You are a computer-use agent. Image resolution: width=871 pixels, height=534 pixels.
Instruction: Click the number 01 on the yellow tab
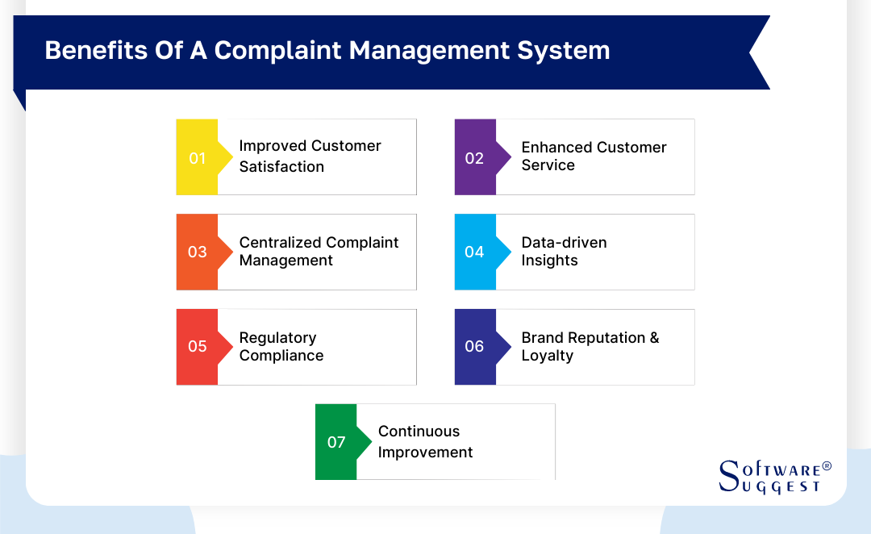coord(198,158)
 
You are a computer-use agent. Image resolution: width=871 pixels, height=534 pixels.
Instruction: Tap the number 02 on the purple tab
coord(474,158)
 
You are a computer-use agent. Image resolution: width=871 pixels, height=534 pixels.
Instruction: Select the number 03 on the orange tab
coord(198,252)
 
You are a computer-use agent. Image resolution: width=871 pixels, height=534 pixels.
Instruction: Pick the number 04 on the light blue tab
coord(474,252)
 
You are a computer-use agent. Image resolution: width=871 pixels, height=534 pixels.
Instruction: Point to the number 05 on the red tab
coord(198,346)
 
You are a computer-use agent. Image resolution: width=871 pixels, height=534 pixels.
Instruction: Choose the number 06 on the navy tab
coord(474,346)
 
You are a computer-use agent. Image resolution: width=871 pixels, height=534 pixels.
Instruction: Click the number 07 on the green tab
coord(336,442)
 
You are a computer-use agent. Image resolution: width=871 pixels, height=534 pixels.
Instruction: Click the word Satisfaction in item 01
coord(281,167)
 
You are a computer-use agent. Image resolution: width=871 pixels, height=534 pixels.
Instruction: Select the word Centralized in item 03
coord(277,242)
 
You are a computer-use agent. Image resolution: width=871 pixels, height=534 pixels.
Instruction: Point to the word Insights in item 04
coord(549,261)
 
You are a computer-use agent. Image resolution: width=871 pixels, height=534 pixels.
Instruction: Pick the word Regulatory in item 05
coord(277,337)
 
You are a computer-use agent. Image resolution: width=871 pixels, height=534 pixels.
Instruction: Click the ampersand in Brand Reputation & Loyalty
coord(654,337)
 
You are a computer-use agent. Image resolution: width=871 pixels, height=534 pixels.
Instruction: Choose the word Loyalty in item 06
coord(547,356)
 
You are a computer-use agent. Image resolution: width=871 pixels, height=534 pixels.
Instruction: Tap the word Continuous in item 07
coord(419,432)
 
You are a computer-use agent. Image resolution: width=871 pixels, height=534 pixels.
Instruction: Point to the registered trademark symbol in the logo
coord(826,467)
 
